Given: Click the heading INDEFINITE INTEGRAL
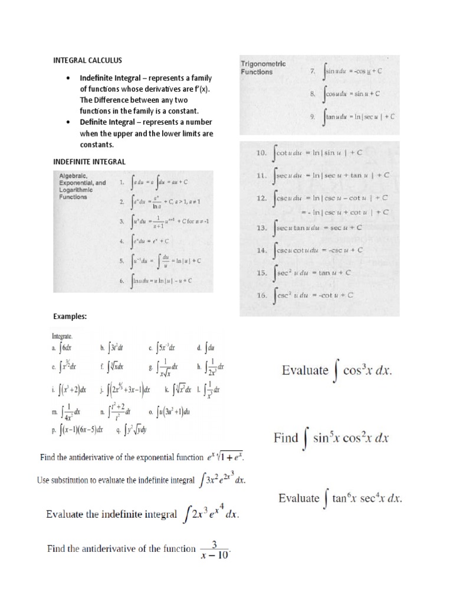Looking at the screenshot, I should click(x=88, y=161).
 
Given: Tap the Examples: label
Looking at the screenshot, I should click(x=71, y=317).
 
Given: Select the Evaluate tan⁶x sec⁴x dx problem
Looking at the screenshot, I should click(x=340, y=498).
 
